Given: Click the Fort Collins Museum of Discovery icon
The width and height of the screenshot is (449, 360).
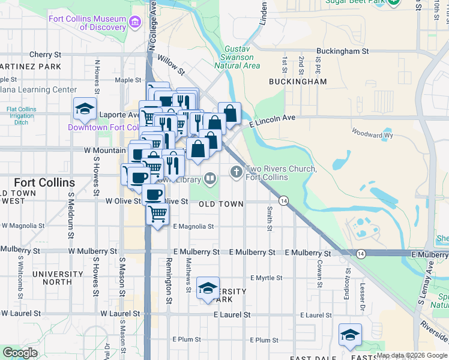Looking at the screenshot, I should click(135, 23).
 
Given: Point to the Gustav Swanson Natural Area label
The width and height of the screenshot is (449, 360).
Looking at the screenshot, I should click(237, 57).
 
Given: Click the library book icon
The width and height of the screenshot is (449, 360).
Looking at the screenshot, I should click(210, 178).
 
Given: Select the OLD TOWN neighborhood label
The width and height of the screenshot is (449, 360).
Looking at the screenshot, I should click(221, 204).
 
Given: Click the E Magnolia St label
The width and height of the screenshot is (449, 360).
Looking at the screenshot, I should click(193, 226).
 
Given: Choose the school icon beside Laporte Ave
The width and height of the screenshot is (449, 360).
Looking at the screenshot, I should click(85, 109).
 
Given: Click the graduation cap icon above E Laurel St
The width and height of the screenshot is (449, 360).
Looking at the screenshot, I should click(208, 289).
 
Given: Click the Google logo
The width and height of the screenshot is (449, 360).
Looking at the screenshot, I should click(19, 353).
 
